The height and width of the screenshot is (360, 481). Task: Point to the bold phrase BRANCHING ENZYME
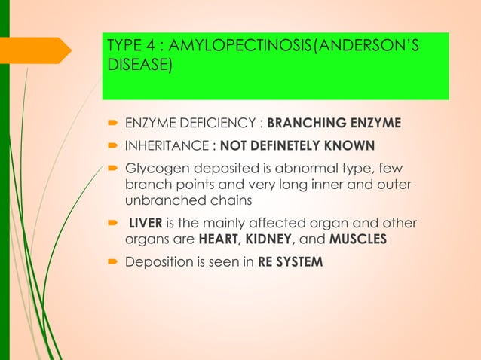pos(334,123)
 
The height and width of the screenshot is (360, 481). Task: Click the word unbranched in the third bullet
pos(160,201)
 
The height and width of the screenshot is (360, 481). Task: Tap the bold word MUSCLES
pos(358,240)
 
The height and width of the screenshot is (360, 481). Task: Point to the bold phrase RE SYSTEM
pos(286,263)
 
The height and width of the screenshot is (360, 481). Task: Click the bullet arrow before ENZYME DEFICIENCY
pos(111,123)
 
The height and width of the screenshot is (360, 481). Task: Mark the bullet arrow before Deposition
pos(111,263)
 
